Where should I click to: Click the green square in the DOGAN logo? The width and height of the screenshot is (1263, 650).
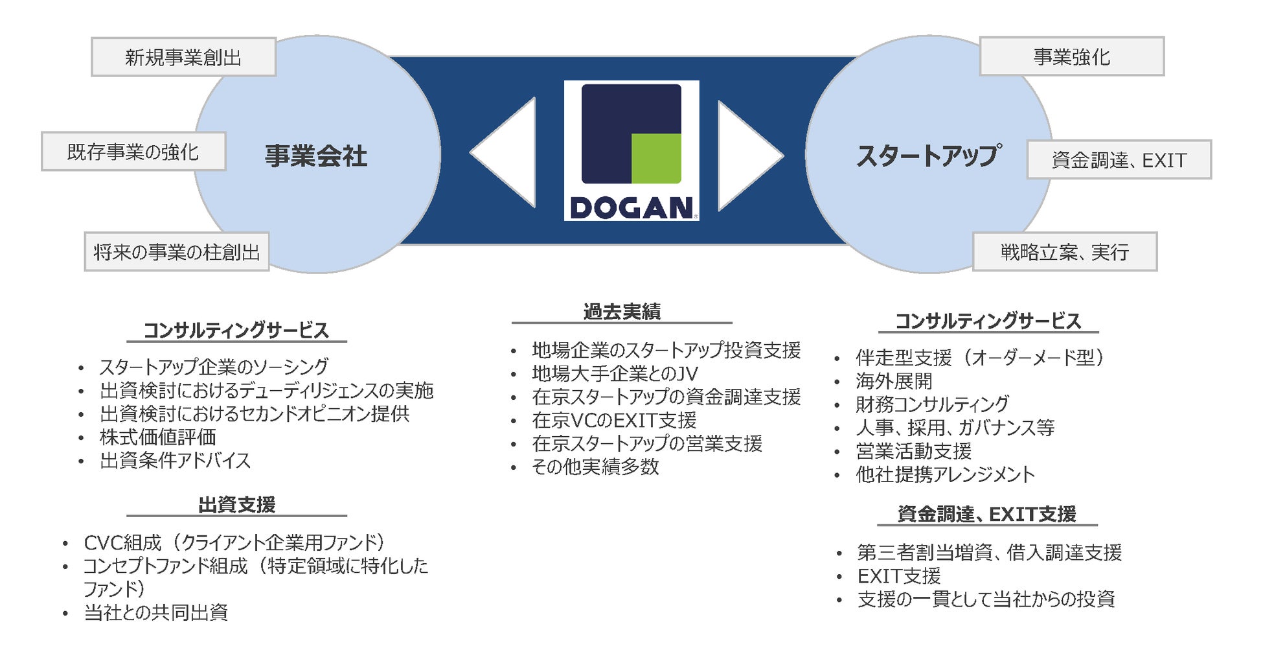click(656, 158)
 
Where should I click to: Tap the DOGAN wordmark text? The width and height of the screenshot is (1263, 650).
click(631, 208)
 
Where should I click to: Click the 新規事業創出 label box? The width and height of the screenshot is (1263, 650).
click(184, 57)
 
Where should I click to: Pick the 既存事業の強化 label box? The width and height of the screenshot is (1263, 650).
click(133, 152)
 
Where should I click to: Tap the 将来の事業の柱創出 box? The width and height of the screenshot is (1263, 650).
click(177, 251)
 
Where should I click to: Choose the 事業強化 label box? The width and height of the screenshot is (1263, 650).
click(1072, 56)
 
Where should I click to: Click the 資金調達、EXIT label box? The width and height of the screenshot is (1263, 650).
click(1119, 159)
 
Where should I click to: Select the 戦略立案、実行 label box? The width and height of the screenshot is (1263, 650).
click(1065, 251)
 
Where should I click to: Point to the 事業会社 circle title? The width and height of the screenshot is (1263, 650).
click(316, 156)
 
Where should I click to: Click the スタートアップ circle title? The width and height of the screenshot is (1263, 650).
click(929, 156)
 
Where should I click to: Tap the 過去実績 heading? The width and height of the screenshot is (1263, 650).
click(622, 312)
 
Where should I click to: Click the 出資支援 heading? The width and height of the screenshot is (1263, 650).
click(237, 505)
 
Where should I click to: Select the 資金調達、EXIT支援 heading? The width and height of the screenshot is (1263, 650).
click(987, 514)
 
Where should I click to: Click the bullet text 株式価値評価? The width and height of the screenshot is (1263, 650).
click(158, 437)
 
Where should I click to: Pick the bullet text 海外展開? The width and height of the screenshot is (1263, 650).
click(894, 381)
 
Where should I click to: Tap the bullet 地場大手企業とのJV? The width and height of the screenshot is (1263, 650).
click(615, 374)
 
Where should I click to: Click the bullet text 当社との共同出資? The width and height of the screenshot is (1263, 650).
click(156, 612)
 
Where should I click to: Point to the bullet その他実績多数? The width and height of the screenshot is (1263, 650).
click(595, 467)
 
